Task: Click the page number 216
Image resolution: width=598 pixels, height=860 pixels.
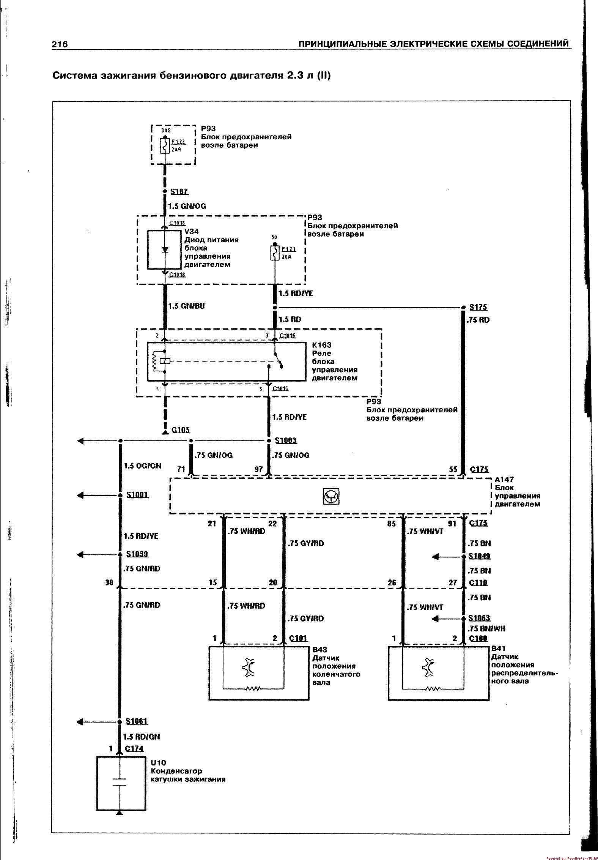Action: [60, 44]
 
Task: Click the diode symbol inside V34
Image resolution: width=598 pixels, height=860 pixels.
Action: [165, 250]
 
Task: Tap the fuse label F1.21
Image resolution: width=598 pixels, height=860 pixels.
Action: [288, 249]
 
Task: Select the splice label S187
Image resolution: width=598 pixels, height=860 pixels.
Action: [179, 192]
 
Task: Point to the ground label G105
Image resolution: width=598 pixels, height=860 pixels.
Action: [181, 430]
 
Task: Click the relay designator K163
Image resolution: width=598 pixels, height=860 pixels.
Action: [321, 345]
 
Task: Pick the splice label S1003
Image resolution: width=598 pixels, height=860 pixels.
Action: [286, 440]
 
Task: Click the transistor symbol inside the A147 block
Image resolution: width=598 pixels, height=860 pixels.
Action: [331, 496]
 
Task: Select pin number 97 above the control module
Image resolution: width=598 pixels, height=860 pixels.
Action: [258, 470]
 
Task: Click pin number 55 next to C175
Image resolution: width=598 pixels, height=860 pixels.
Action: [453, 469]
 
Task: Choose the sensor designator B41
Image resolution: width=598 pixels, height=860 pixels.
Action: [498, 649]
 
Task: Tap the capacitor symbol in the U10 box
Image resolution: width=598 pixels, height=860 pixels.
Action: [120, 783]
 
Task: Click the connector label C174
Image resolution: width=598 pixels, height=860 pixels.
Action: [134, 748]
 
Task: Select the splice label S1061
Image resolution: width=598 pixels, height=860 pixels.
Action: [137, 721]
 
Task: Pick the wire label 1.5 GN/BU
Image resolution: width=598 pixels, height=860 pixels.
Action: [186, 306]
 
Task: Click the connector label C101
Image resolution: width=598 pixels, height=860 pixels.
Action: [298, 638]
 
